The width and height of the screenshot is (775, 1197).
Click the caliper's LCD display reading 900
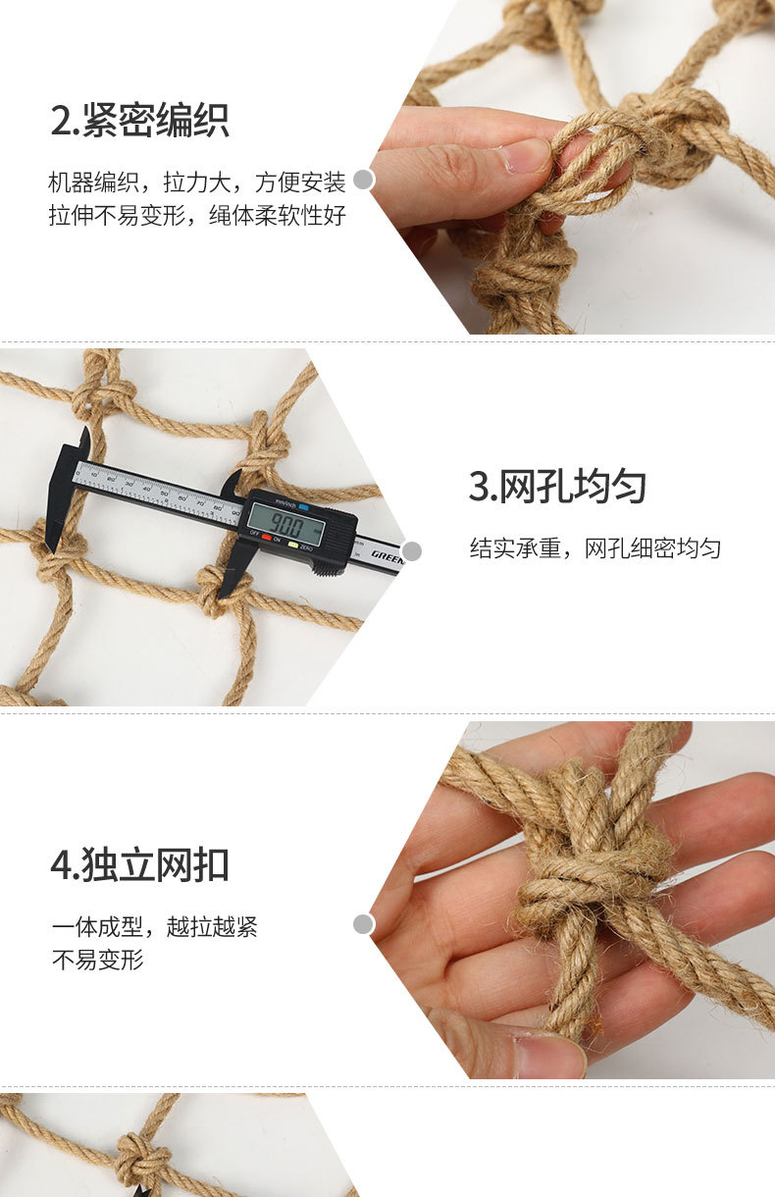287,524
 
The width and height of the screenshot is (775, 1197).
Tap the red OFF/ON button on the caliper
266,537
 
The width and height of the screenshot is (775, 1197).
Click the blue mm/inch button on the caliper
303,506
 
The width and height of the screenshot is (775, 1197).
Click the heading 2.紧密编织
140,121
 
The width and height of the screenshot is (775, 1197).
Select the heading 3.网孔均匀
557,487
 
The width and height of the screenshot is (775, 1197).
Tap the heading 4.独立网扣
140,864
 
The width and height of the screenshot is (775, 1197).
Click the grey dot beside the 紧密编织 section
363,179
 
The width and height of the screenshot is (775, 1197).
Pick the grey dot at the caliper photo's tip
412,551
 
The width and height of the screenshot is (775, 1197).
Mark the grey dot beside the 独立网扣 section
363,924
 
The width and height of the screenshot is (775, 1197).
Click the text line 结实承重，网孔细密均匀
594,548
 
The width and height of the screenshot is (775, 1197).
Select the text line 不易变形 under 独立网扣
98,959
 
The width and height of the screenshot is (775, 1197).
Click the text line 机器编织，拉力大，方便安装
196,182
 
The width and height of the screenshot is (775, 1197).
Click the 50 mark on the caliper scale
164,494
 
